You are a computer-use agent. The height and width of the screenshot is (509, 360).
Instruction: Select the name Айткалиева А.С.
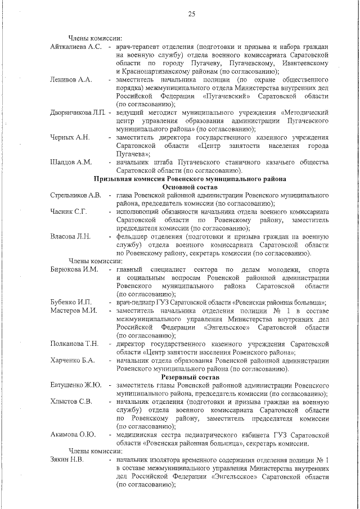[76, 46]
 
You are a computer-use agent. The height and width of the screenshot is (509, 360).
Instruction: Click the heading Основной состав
[190, 187]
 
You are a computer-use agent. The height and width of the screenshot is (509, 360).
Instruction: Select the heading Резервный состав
[190, 377]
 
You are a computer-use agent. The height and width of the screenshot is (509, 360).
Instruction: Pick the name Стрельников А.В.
[75, 195]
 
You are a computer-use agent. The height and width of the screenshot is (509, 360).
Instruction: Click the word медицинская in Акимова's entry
[139, 435]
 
